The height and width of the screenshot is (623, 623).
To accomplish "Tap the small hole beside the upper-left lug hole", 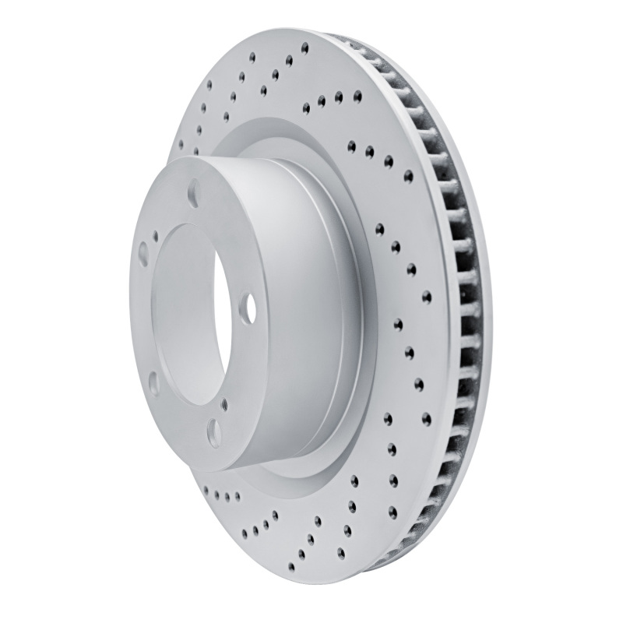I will click(x=157, y=231).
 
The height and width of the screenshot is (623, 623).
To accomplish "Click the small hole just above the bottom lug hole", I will click(x=224, y=403).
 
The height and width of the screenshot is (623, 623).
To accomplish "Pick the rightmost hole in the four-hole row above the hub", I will click(x=357, y=97).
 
